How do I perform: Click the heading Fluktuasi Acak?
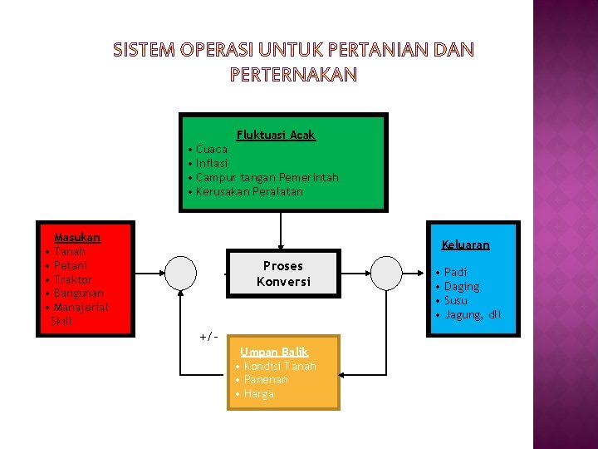click(276, 135)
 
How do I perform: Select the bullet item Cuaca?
click(212, 149)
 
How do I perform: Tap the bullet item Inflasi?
click(212, 163)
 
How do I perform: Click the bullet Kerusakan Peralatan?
click(249, 191)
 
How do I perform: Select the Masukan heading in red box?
click(76, 237)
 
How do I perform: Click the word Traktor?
click(72, 279)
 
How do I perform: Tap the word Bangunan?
click(79, 294)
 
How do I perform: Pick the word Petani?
click(71, 265)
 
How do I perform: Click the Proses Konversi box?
click(283, 274)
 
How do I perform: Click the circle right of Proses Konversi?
click(386, 271)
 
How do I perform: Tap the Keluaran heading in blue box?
click(465, 244)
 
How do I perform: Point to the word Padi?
click(455, 272)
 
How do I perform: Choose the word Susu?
click(456, 300)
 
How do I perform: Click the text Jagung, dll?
click(473, 314)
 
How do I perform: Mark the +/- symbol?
click(208, 336)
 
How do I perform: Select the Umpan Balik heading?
click(274, 352)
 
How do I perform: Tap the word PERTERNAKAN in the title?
click(293, 75)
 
